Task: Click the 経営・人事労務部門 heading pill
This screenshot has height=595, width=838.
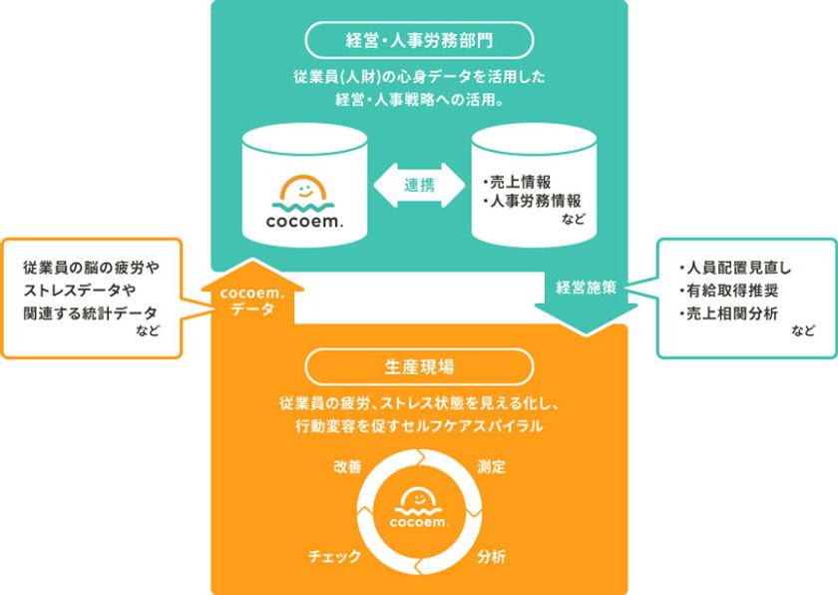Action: [x=419, y=40]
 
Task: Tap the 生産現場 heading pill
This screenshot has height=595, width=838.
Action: [x=419, y=366]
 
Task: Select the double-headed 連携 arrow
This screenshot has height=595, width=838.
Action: [x=419, y=186]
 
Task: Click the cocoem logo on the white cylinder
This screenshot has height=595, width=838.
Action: [x=304, y=203]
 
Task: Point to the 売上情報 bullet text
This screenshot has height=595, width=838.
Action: [x=517, y=182]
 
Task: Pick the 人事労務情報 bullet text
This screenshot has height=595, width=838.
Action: [x=531, y=202]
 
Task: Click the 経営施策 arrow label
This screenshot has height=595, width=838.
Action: [x=587, y=288]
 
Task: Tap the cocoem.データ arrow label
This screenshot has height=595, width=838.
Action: [x=252, y=300]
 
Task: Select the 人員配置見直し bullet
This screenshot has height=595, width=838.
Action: [x=735, y=268]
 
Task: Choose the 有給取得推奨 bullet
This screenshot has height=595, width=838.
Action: [x=729, y=291]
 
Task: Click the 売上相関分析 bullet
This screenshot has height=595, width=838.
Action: [x=729, y=313]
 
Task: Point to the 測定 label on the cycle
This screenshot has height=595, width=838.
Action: [x=491, y=466]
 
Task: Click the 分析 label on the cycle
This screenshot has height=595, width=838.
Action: [x=491, y=556]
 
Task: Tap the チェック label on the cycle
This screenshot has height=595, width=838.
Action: [x=334, y=556]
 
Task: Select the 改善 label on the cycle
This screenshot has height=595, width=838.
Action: [x=348, y=466]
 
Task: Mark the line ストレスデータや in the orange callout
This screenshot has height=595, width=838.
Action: [x=80, y=291]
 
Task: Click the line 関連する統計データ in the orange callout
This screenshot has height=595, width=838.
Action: [x=90, y=313]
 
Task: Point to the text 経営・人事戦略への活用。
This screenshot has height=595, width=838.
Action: [x=419, y=100]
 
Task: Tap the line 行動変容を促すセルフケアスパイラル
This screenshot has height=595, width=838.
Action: [x=419, y=426]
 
